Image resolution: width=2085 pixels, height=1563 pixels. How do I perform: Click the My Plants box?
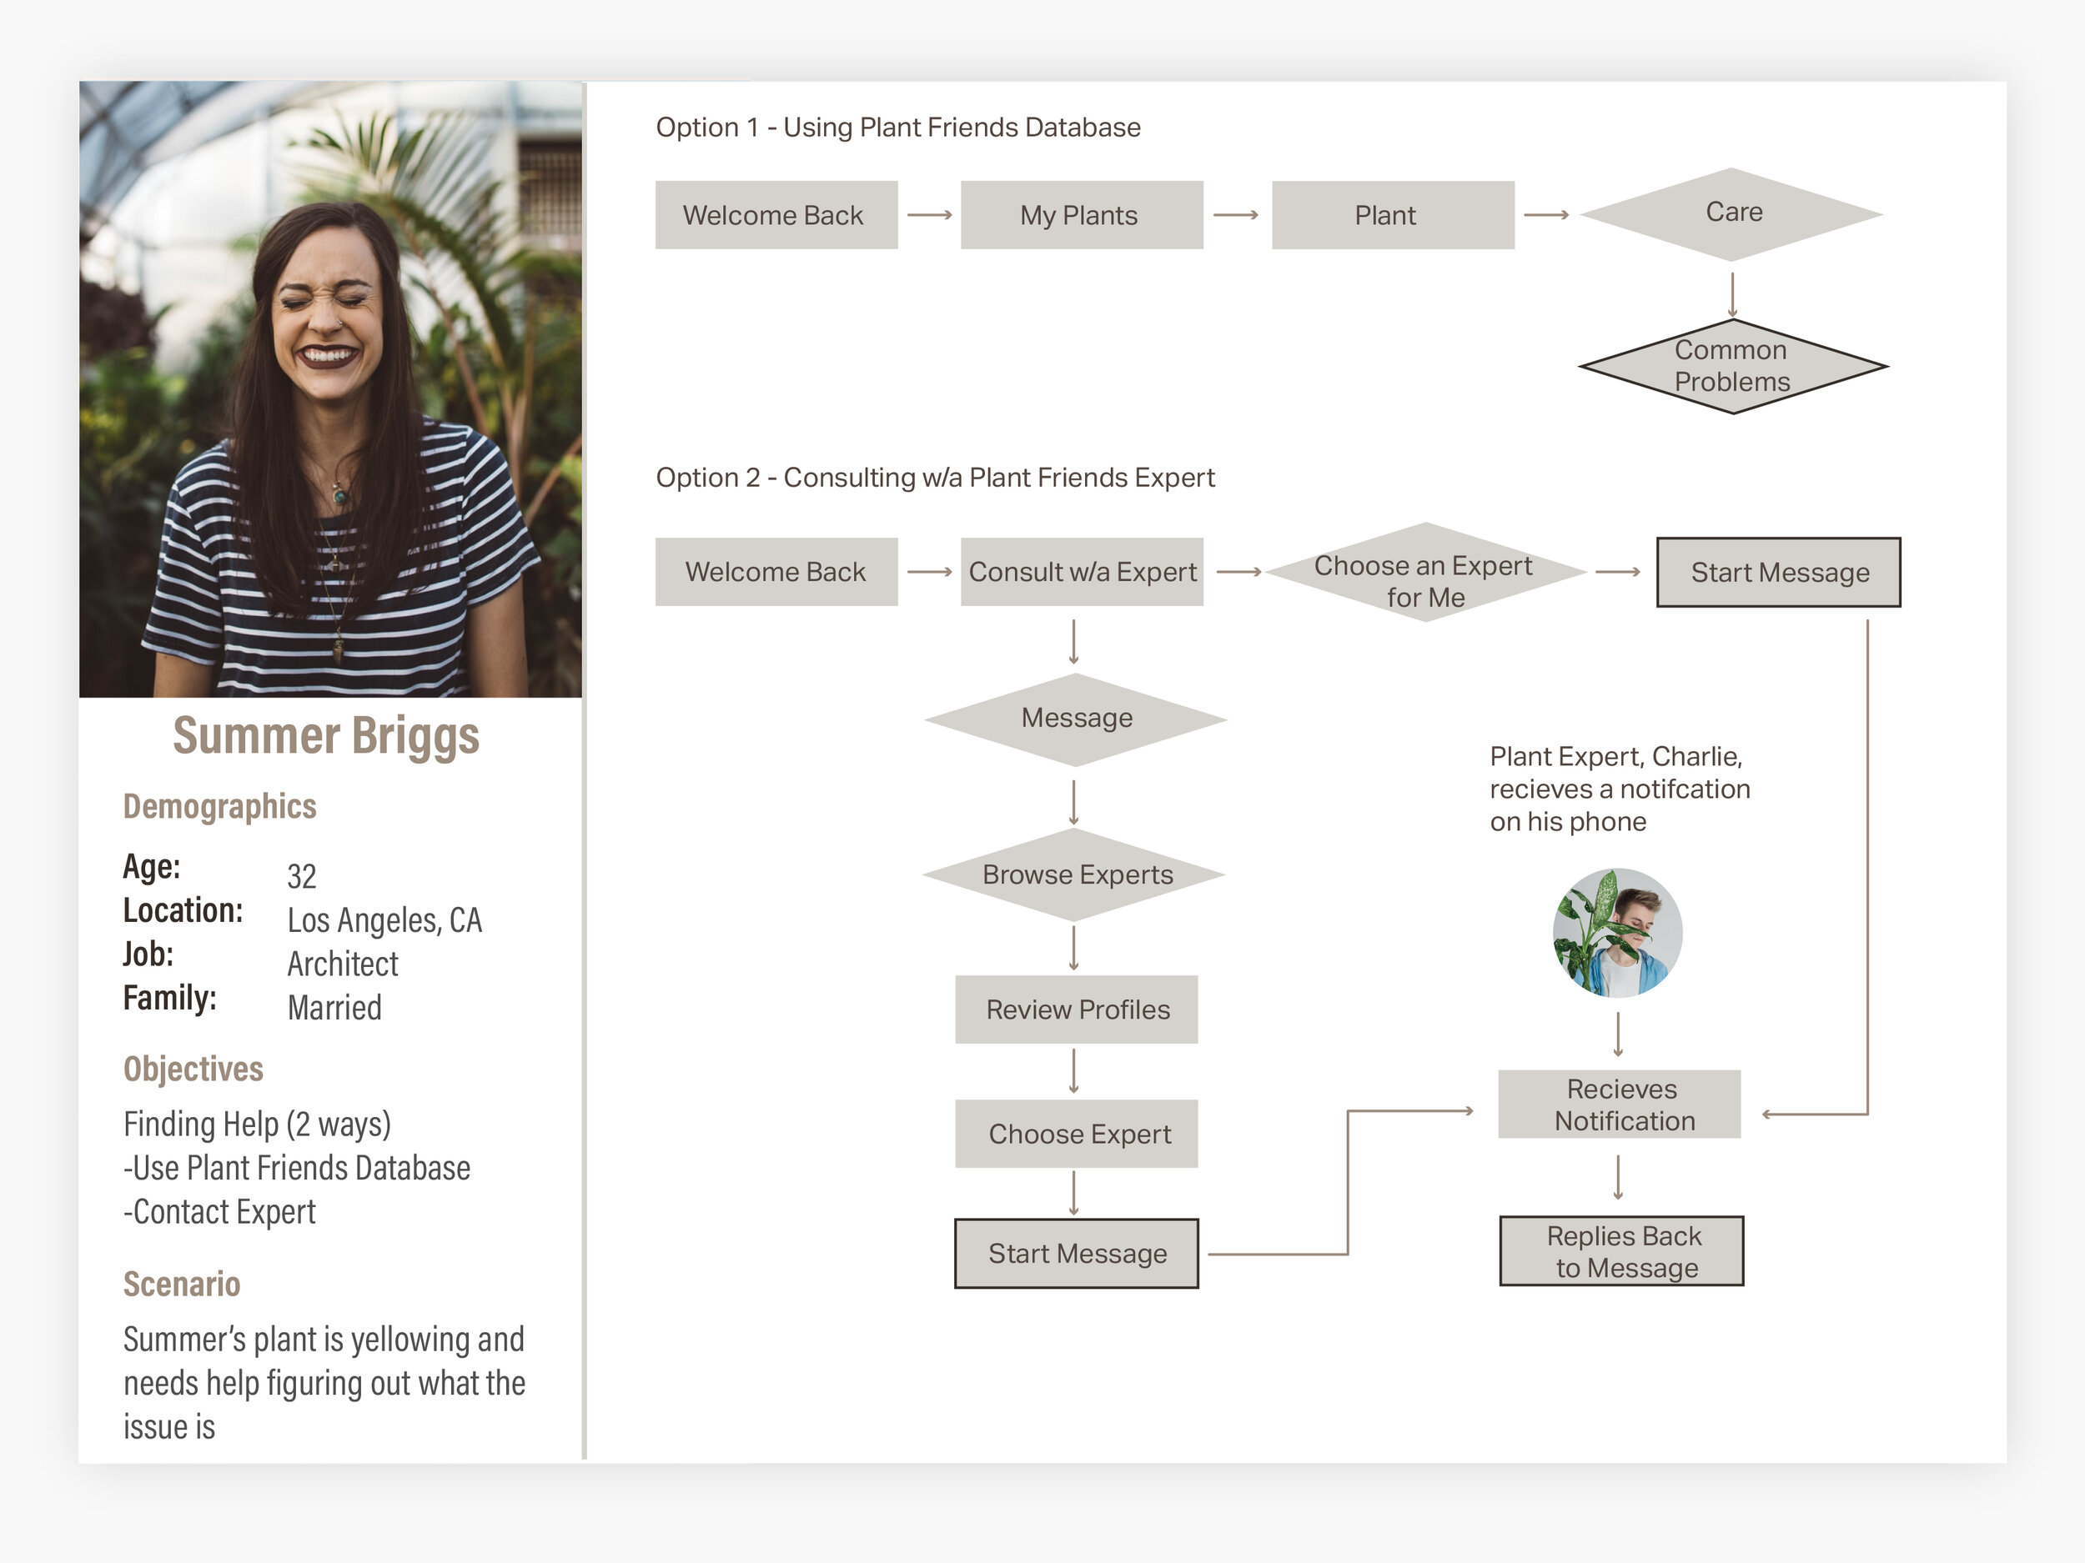point(1081,215)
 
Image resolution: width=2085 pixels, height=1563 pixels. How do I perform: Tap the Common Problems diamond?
point(1731,366)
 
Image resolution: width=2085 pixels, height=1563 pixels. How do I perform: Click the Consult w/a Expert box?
point(1081,572)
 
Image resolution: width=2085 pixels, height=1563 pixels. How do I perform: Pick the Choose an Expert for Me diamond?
point(1424,573)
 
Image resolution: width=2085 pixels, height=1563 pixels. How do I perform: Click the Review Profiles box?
point(1077,1009)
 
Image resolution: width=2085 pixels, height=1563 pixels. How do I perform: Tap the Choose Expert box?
point(1077,1134)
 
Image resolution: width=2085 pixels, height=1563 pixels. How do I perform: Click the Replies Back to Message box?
point(1621,1251)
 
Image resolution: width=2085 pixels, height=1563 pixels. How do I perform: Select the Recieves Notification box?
point(1620,1105)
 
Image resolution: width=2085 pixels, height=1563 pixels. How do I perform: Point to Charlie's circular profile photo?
point(1617,933)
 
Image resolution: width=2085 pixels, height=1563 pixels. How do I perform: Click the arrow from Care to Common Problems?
point(1731,294)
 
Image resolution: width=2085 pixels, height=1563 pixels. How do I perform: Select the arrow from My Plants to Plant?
point(1235,215)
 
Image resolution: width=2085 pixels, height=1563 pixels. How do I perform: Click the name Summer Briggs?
point(326,736)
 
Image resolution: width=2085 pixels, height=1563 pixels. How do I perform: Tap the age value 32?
point(302,876)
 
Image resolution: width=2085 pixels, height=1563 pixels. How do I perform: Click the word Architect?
point(343,964)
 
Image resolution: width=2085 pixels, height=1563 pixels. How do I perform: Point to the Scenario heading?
point(182,1284)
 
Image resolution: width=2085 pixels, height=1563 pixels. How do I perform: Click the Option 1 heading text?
point(897,128)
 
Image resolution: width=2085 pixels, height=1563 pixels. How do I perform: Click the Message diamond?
point(1076,719)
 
